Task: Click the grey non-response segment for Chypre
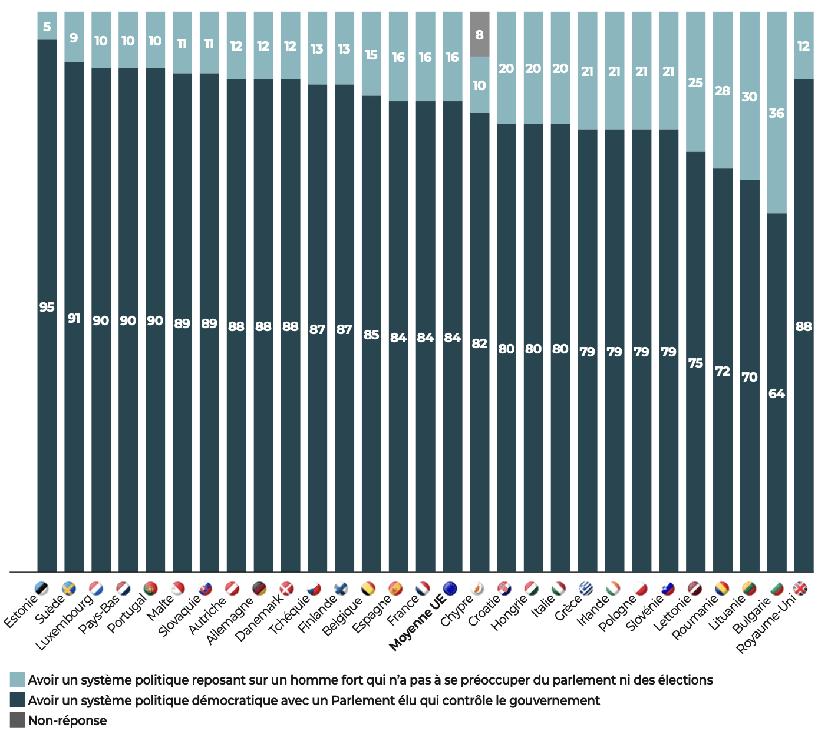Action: pos(479,34)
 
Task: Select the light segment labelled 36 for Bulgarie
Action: pos(776,113)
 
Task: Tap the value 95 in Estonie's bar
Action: pos(47,307)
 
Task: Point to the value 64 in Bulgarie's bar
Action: pos(776,394)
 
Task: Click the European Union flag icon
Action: pos(450,588)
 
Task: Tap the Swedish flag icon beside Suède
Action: pos(69,588)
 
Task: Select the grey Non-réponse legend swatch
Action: pos(18,720)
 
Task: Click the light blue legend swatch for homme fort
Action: pos(18,679)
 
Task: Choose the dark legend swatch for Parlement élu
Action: pos(18,700)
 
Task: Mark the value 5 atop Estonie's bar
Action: pos(47,27)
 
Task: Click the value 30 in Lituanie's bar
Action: pos(749,97)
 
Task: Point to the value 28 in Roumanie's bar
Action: pos(722,91)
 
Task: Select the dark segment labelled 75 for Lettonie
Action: pos(695,363)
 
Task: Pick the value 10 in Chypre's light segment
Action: pos(479,85)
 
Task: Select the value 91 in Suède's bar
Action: pos(74,319)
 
